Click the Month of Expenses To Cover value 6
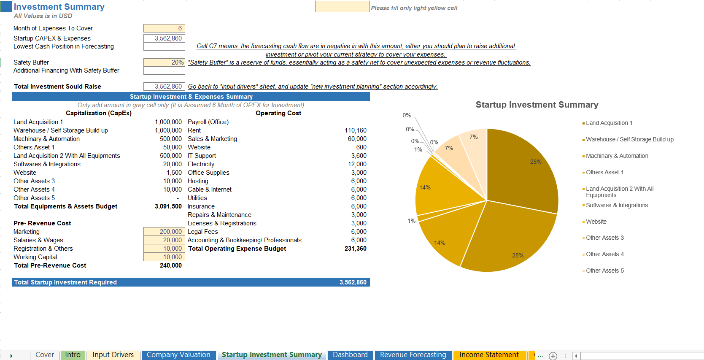click(x=164, y=28)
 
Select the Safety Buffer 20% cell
click(x=164, y=62)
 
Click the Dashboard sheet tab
click(x=350, y=355)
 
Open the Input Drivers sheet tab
click(x=113, y=355)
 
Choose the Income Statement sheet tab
click(x=489, y=355)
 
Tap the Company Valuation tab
click(x=178, y=355)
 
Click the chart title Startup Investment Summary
click(x=537, y=105)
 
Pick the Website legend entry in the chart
click(x=596, y=222)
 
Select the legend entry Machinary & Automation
click(x=617, y=156)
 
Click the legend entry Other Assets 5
click(x=604, y=271)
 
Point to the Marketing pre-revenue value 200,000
click(x=164, y=232)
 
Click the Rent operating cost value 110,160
click(x=356, y=130)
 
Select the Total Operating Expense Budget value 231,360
click(x=356, y=249)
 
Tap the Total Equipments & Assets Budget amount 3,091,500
click(x=168, y=206)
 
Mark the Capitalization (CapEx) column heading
click(x=99, y=113)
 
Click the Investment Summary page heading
click(x=59, y=7)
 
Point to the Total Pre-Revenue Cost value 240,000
click(x=171, y=265)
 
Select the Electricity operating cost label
click(x=201, y=164)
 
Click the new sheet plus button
click(x=553, y=356)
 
